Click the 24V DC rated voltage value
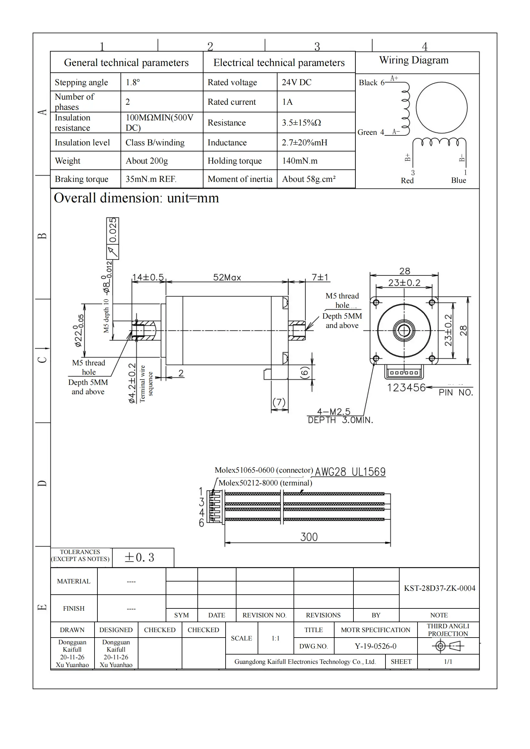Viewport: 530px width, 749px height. click(296, 82)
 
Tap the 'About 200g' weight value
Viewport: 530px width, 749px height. click(147, 161)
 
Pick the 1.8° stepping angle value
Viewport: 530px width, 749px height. click(133, 82)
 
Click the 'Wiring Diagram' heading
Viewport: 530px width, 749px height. click(413, 60)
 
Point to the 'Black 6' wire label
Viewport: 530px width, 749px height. click(371, 83)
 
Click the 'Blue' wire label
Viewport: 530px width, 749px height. click(458, 180)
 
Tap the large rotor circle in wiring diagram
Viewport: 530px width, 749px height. click(441, 108)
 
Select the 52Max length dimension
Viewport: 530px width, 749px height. click(227, 278)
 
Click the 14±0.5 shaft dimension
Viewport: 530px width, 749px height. click(148, 277)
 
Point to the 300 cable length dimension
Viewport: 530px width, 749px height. click(309, 537)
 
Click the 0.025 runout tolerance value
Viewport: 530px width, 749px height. click(112, 230)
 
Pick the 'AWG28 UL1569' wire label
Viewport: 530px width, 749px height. click(350, 472)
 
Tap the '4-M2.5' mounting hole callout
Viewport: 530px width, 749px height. click(334, 412)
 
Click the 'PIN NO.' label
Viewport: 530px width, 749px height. click(456, 393)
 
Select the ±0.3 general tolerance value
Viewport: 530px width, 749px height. click(139, 558)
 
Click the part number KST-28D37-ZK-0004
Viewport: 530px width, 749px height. click(439, 588)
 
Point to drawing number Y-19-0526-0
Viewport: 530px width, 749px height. click(375, 646)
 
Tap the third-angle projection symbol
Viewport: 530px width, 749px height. click(448, 646)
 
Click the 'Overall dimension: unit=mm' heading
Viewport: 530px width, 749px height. click(136, 198)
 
